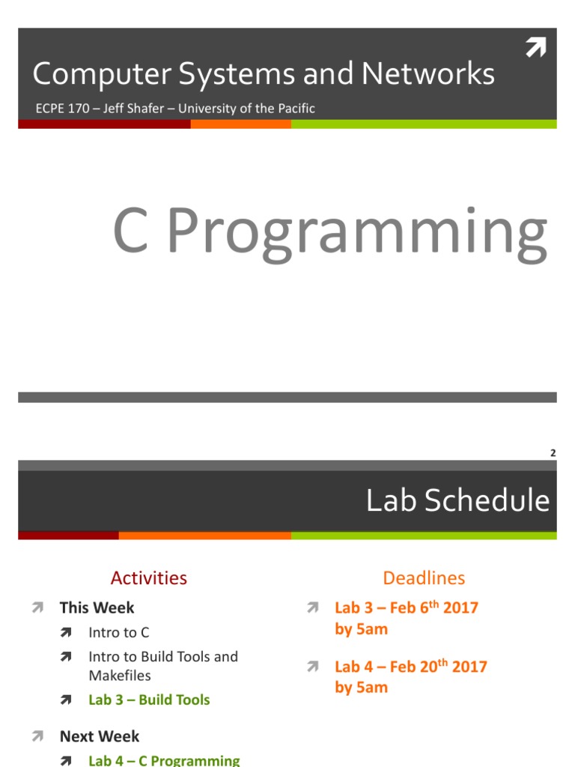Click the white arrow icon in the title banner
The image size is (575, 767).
pyautogui.click(x=536, y=47)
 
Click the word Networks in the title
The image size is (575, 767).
pyautogui.click(x=428, y=73)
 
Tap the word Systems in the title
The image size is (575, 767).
pyautogui.click(x=237, y=75)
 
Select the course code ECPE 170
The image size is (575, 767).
pyautogui.click(x=62, y=108)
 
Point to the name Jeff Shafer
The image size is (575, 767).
pyautogui.click(x=133, y=108)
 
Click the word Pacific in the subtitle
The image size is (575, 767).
pyautogui.click(x=296, y=108)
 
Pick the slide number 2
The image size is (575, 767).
pyautogui.click(x=553, y=453)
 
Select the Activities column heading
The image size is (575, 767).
pyautogui.click(x=149, y=577)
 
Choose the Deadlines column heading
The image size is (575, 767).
pyautogui.click(x=424, y=577)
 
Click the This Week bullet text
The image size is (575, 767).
pyautogui.click(x=97, y=607)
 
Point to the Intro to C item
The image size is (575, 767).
pyautogui.click(x=119, y=632)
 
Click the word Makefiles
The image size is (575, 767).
pyautogui.click(x=120, y=676)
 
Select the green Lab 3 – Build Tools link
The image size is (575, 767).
pyautogui.click(x=149, y=700)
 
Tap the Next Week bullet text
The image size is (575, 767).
pyautogui.click(x=100, y=736)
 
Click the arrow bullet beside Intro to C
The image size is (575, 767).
pyautogui.click(x=66, y=632)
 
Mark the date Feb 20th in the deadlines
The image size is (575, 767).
pyautogui.click(x=419, y=666)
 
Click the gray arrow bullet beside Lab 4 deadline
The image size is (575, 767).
pyautogui.click(x=313, y=666)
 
